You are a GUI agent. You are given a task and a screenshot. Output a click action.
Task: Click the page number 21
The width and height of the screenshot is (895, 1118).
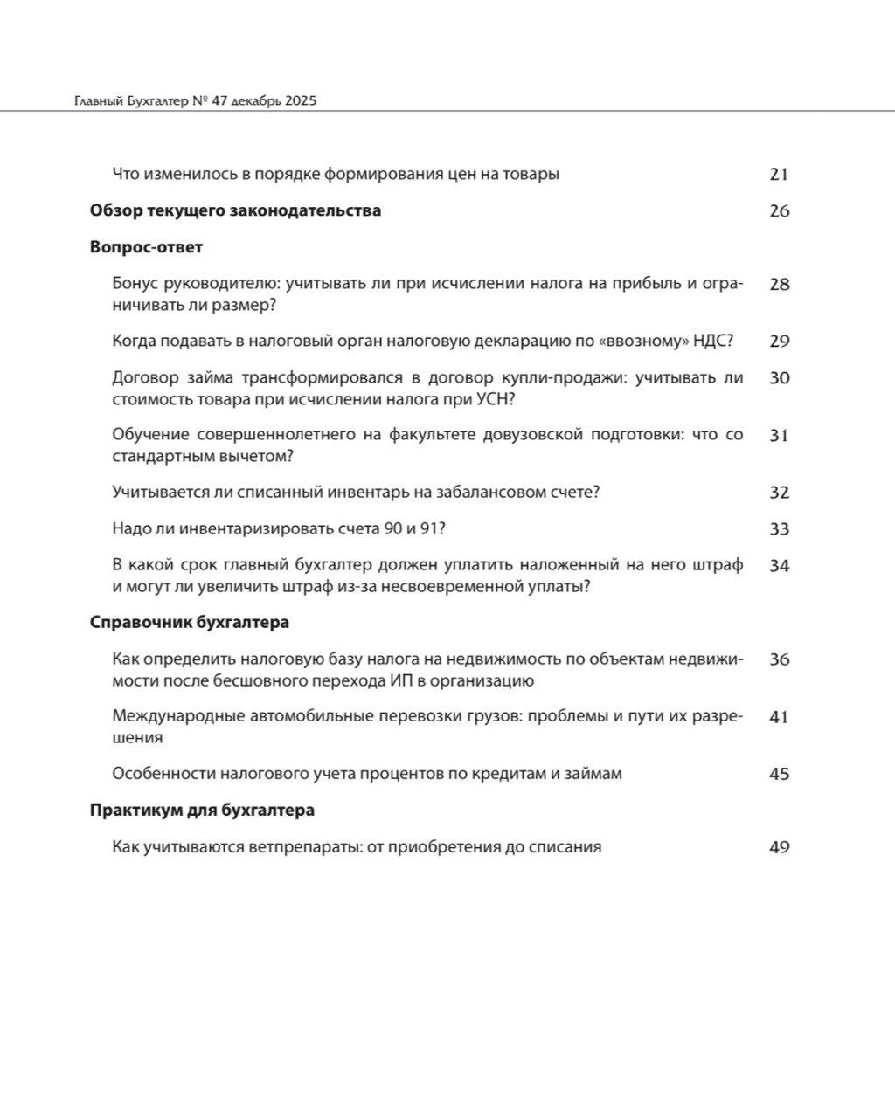[x=779, y=174]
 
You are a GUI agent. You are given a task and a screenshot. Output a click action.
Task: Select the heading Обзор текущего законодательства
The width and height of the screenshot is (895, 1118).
[x=235, y=210]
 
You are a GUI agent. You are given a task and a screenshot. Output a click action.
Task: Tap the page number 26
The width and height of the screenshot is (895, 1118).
[x=779, y=210]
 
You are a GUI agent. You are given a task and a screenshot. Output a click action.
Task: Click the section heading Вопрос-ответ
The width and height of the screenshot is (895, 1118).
[x=146, y=247]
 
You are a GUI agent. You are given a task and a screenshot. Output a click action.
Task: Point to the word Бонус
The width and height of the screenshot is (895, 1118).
[x=135, y=284]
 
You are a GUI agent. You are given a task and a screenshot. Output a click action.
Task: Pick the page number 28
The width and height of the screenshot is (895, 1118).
[x=779, y=284]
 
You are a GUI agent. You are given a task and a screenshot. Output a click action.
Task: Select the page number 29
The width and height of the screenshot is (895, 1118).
[x=779, y=341]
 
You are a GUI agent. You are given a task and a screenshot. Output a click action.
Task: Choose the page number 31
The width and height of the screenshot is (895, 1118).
[x=779, y=435]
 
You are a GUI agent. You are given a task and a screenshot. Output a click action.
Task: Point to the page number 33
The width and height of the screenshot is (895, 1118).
[x=779, y=528]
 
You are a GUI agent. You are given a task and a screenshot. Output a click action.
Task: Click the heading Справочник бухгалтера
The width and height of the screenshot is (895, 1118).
[x=189, y=623]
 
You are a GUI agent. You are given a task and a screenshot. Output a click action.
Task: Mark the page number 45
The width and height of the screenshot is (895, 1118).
[x=779, y=774]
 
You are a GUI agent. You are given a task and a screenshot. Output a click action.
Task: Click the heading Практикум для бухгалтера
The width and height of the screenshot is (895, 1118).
[x=202, y=810]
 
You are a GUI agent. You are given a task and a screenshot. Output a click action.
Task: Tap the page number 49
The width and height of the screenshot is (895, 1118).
[x=779, y=846]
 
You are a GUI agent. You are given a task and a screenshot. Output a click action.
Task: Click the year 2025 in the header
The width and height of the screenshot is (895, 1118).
[x=299, y=101]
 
